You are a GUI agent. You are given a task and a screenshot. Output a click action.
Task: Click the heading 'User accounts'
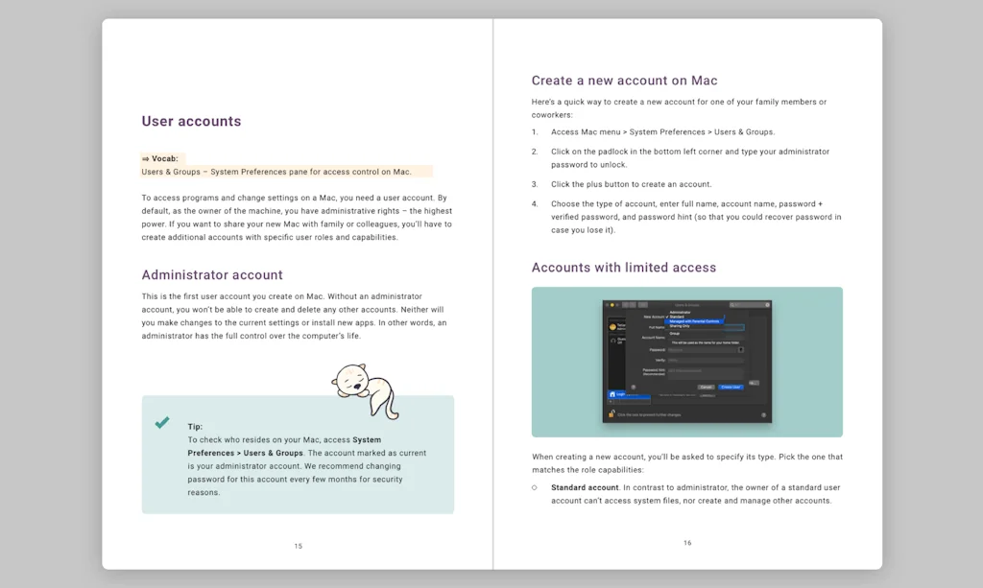click(x=191, y=122)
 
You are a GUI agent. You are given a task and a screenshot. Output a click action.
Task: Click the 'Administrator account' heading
click(x=212, y=275)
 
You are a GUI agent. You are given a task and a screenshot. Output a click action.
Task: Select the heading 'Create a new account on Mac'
click(x=624, y=81)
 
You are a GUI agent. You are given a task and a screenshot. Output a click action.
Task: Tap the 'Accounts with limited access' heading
click(x=624, y=268)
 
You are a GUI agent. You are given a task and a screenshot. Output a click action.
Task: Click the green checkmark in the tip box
click(x=162, y=423)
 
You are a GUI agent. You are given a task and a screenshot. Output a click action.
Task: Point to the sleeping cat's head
click(x=348, y=379)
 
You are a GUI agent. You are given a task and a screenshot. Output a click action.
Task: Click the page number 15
click(x=298, y=546)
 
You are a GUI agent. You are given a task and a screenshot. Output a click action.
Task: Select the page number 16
click(x=687, y=543)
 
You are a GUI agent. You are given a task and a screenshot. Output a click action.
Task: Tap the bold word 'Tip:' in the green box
click(x=195, y=427)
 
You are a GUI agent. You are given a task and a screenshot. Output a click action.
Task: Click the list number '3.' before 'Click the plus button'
click(x=535, y=184)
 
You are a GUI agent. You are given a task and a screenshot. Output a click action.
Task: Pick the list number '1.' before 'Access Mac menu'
click(x=535, y=132)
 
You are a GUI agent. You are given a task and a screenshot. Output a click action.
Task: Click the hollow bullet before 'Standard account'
click(x=535, y=487)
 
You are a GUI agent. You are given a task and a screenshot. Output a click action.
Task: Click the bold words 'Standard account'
click(x=585, y=487)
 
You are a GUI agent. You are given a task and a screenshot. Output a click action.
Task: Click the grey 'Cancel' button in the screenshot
click(x=706, y=387)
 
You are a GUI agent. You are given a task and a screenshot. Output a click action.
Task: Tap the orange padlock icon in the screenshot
click(x=611, y=413)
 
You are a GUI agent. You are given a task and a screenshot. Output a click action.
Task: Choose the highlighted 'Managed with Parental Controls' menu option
click(x=694, y=321)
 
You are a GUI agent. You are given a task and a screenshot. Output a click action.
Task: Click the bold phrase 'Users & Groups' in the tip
click(x=274, y=453)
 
